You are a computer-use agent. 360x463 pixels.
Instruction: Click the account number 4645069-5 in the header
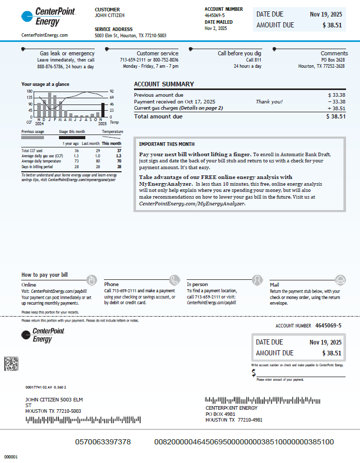click(215, 16)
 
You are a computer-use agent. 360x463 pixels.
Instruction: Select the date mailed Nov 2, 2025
click(216, 28)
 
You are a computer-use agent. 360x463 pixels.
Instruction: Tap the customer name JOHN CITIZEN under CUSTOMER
click(110, 16)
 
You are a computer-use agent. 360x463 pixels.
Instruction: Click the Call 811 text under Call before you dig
click(253, 60)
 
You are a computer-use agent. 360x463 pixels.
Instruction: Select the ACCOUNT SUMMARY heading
click(164, 84)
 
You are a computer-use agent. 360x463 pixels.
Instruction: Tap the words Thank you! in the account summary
click(269, 102)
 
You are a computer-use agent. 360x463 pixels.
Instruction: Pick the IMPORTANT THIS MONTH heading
click(167, 144)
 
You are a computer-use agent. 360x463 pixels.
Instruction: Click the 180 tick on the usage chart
click(29, 91)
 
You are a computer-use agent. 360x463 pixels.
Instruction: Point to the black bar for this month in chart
click(102, 110)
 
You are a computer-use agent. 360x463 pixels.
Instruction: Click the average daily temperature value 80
click(97, 161)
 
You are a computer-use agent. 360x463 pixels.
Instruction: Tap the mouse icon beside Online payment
click(92, 280)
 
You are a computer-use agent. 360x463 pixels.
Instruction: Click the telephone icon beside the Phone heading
click(175, 280)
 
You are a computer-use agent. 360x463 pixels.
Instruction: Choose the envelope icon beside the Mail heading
click(340, 280)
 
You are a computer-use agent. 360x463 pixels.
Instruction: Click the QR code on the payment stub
click(11, 364)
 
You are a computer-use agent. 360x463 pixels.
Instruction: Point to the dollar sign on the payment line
click(254, 373)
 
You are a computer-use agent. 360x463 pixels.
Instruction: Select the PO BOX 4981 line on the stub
click(220, 414)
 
